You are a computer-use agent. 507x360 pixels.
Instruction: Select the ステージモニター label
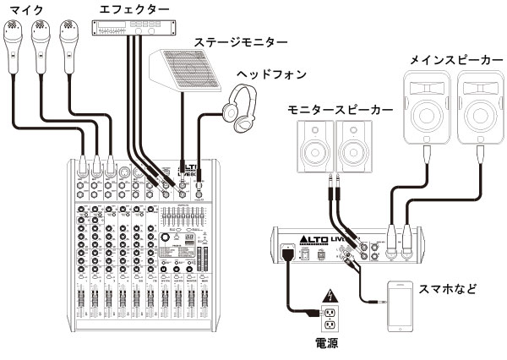point(240,41)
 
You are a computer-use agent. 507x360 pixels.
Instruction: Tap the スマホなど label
point(448,288)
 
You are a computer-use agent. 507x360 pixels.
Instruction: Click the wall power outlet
point(330,320)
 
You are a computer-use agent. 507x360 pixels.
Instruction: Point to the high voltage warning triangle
point(330,297)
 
